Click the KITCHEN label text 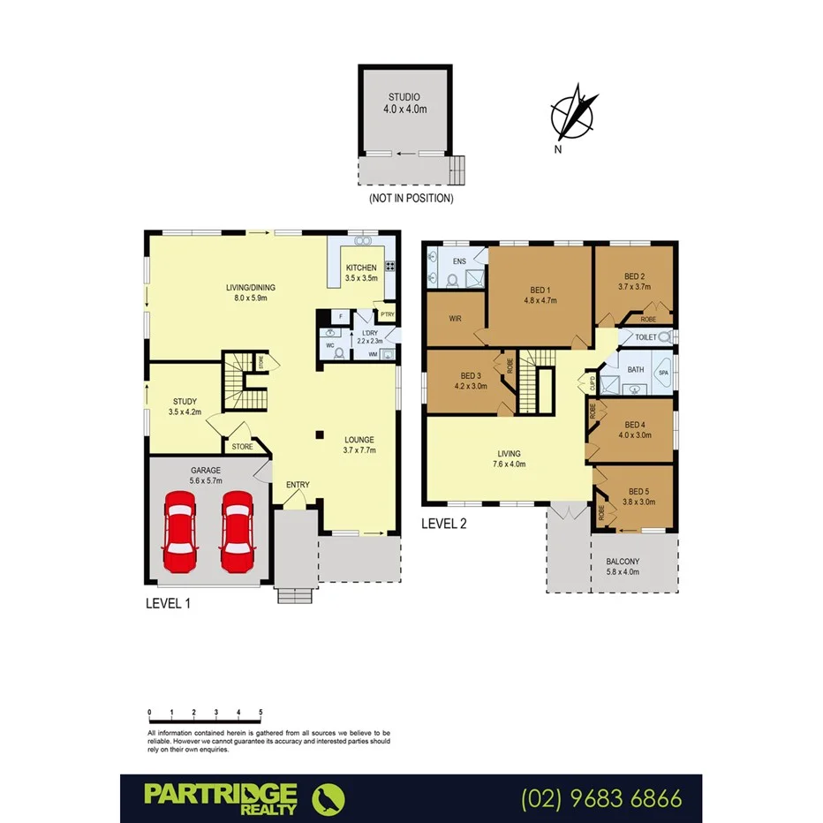361,268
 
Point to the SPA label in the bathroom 662,373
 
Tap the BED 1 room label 540,290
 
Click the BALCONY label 623,562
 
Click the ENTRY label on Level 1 298,485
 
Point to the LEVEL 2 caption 444,523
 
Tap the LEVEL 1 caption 168,604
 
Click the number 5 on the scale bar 260,712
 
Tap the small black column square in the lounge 321,434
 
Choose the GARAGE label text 206,471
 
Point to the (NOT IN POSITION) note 411,199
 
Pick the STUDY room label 185,401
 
